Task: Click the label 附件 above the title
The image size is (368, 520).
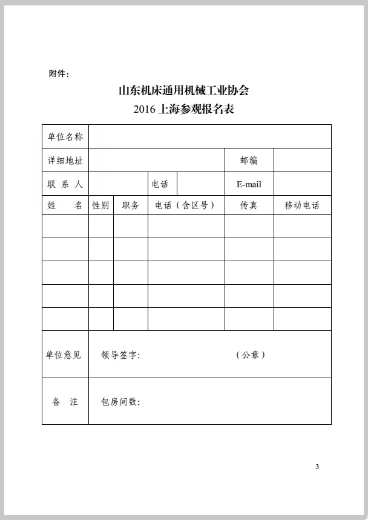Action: pyautogui.click(x=59, y=74)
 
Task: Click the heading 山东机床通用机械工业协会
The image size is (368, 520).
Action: pyautogui.click(x=183, y=91)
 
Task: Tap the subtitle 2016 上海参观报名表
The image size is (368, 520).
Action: pyautogui.click(x=183, y=110)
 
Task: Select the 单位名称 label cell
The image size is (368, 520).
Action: pyautogui.click(x=65, y=136)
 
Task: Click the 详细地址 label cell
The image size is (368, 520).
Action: pyautogui.click(x=65, y=161)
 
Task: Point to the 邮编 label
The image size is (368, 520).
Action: pyautogui.click(x=249, y=161)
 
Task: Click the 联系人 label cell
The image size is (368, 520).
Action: pyautogui.click(x=65, y=184)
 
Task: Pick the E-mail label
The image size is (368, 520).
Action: pyautogui.click(x=249, y=184)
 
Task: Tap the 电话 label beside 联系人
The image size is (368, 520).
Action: pyautogui.click(x=160, y=184)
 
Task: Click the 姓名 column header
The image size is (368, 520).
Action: pyautogui.click(x=65, y=205)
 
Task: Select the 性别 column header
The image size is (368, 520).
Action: pyautogui.click(x=100, y=205)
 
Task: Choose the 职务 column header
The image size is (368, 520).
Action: pyautogui.click(x=131, y=205)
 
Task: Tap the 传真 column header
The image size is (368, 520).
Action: pyautogui.click(x=249, y=205)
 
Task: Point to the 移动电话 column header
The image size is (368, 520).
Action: pyautogui.click(x=302, y=205)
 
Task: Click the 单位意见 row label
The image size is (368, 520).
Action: pyautogui.click(x=64, y=355)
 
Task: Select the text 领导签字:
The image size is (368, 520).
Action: pyautogui.click(x=120, y=355)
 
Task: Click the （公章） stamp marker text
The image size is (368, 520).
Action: pyautogui.click(x=251, y=355)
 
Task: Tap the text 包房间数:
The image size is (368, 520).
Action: pyautogui.click(x=120, y=402)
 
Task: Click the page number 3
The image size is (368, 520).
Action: pyautogui.click(x=317, y=467)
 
